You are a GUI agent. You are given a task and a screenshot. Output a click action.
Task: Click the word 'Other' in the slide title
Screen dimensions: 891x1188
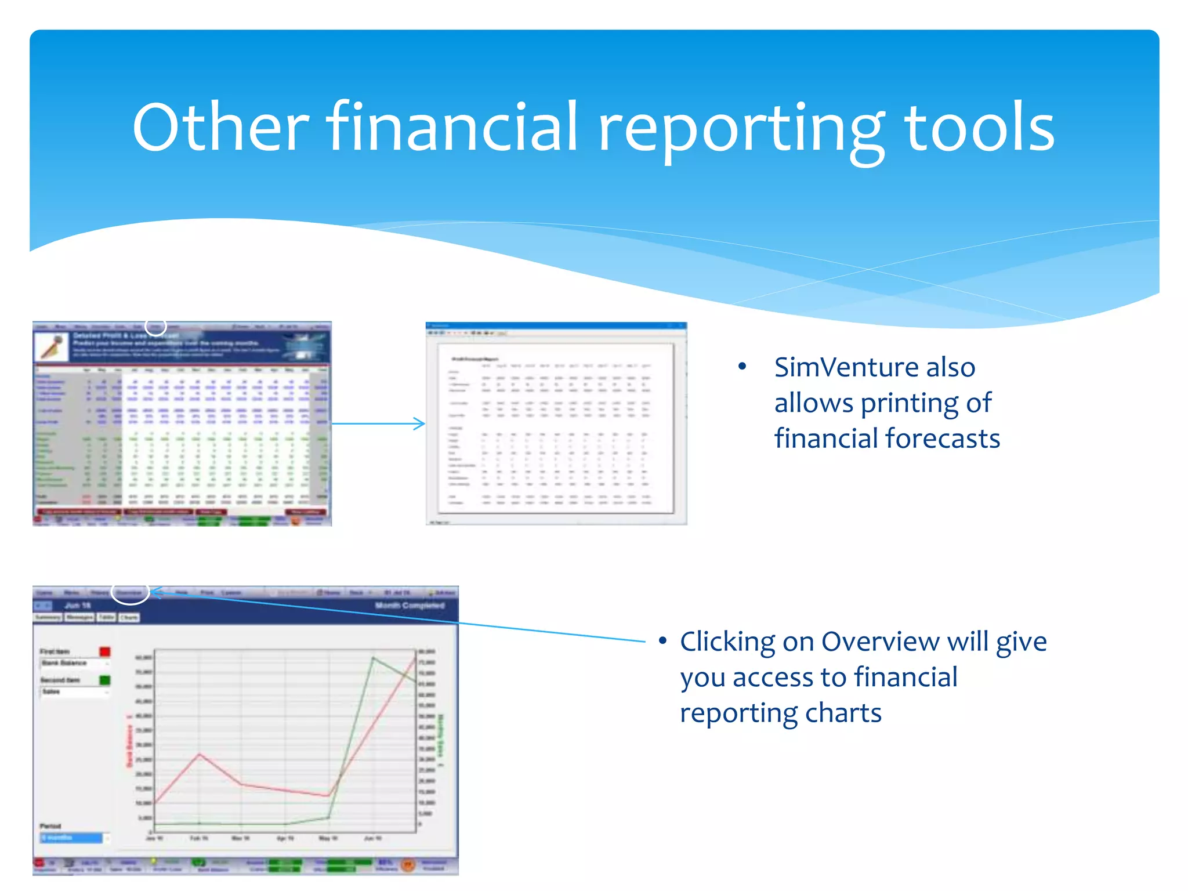[x=220, y=128]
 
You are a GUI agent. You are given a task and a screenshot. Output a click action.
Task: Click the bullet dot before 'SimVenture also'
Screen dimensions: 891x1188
[x=742, y=367]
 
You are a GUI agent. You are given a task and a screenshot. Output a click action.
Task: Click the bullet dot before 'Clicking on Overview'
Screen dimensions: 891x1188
[x=662, y=641]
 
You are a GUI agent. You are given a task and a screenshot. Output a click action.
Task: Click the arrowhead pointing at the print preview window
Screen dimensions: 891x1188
[x=421, y=423]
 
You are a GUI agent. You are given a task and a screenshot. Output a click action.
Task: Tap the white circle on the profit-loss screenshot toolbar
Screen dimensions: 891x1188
[x=155, y=326]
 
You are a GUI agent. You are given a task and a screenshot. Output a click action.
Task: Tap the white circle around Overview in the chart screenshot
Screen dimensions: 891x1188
[x=130, y=592]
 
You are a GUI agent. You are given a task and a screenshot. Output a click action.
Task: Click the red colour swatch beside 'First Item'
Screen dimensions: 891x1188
[x=105, y=651]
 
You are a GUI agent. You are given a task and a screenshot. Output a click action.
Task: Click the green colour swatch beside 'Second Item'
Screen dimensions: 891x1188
[x=105, y=680]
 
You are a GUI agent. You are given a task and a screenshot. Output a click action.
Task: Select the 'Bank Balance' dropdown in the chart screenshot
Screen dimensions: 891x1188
[x=74, y=663]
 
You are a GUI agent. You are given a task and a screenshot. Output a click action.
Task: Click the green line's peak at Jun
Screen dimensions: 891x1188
[x=373, y=658]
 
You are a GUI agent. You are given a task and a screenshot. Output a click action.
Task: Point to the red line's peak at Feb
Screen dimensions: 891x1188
[x=200, y=754]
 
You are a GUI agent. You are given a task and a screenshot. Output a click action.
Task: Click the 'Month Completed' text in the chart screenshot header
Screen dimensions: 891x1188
[x=410, y=606]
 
